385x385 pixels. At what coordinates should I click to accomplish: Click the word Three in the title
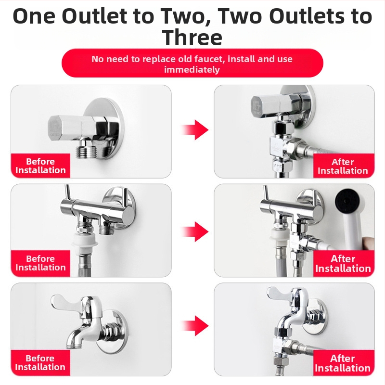(192, 38)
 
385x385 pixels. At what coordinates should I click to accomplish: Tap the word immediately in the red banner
(192, 70)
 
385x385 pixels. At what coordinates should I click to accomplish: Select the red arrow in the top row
(195, 129)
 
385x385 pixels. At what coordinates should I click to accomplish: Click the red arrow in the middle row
(195, 231)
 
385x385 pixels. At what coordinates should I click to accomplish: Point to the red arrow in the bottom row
(195, 326)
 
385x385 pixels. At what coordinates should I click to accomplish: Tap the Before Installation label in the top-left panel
(40, 166)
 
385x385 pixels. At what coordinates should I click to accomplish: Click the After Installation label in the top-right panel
(343, 166)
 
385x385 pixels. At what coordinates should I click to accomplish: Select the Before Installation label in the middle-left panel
(40, 263)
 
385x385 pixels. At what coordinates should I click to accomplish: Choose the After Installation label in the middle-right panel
(343, 263)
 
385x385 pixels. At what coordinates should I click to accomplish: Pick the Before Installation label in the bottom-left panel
(40, 363)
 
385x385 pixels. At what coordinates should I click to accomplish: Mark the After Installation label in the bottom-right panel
(343, 363)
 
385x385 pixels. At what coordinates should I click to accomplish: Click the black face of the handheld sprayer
(346, 202)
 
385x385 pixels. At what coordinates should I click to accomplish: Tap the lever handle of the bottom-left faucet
(64, 302)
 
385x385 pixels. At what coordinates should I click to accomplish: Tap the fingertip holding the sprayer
(369, 243)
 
